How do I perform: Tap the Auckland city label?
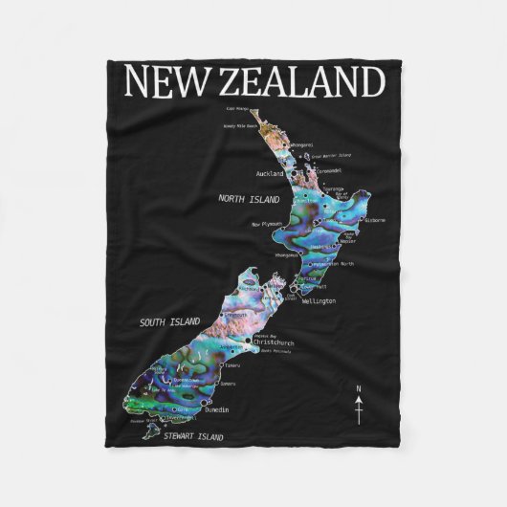click(x=272, y=174)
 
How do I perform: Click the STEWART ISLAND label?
click(x=192, y=437)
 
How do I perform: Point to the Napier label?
click(x=353, y=241)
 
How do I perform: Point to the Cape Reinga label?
click(x=236, y=110)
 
